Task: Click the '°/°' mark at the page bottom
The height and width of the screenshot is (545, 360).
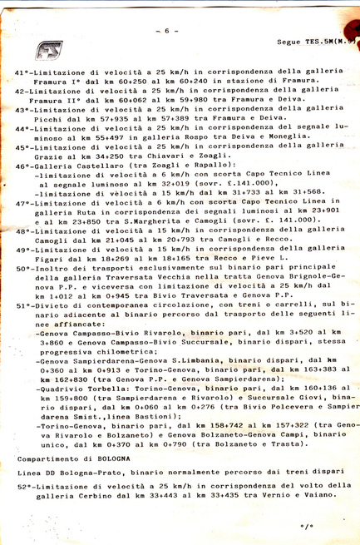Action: click(x=307, y=527)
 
